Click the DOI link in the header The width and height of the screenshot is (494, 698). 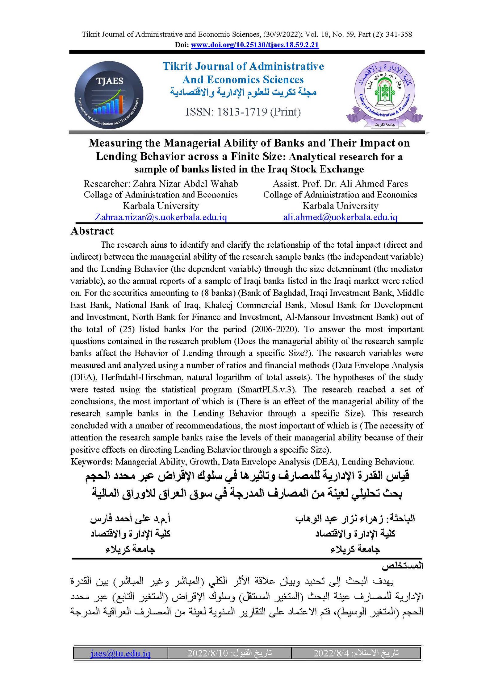pos(255,45)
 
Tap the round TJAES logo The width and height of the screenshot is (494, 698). pos(109,95)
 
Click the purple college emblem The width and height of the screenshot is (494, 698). pos(384,94)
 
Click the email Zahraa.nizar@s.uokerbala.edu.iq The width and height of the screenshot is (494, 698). pos(161,217)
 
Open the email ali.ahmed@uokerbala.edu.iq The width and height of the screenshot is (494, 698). pos(340,217)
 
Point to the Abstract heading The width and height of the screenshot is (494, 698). pos(92,231)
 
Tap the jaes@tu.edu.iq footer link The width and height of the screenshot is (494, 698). pos(120,653)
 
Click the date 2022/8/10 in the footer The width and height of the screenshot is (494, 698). pos(207,653)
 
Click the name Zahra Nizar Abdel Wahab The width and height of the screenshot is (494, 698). pos(185,184)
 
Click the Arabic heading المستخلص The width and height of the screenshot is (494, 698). pos(402,566)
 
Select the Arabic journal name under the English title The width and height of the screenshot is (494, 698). pos(243,92)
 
